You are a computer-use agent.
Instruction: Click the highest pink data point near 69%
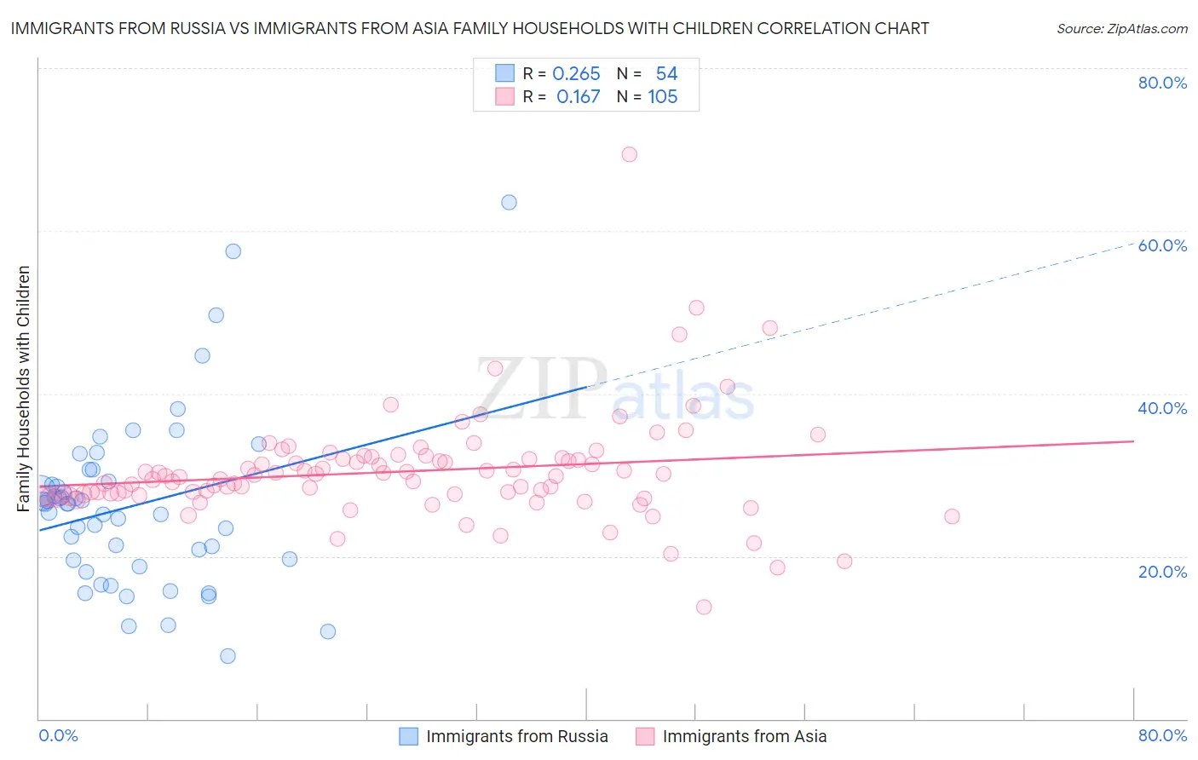tap(630, 154)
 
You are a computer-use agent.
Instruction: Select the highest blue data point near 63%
tap(509, 202)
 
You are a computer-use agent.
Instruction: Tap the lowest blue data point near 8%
tap(228, 656)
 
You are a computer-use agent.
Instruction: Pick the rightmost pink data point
tap(952, 516)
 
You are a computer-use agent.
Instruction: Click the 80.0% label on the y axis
tap(1162, 83)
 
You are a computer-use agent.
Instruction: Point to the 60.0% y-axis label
tap(1162, 245)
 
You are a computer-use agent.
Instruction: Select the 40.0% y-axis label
tap(1162, 408)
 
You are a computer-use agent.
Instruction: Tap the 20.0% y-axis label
tap(1162, 572)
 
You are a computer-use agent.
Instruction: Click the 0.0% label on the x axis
tap(58, 735)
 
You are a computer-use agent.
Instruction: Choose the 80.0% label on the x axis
tap(1162, 735)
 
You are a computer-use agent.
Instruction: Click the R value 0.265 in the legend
tap(576, 74)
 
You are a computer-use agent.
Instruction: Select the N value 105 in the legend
tap(662, 97)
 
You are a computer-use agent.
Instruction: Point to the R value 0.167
tap(578, 97)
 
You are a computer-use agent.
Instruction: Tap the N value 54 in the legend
tap(666, 74)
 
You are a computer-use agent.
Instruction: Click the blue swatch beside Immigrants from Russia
tap(409, 736)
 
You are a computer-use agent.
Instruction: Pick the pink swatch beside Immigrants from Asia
tap(645, 736)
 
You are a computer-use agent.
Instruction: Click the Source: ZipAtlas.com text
tap(1121, 28)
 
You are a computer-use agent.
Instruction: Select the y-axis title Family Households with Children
tap(24, 389)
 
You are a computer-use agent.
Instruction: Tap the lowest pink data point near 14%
tap(704, 607)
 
